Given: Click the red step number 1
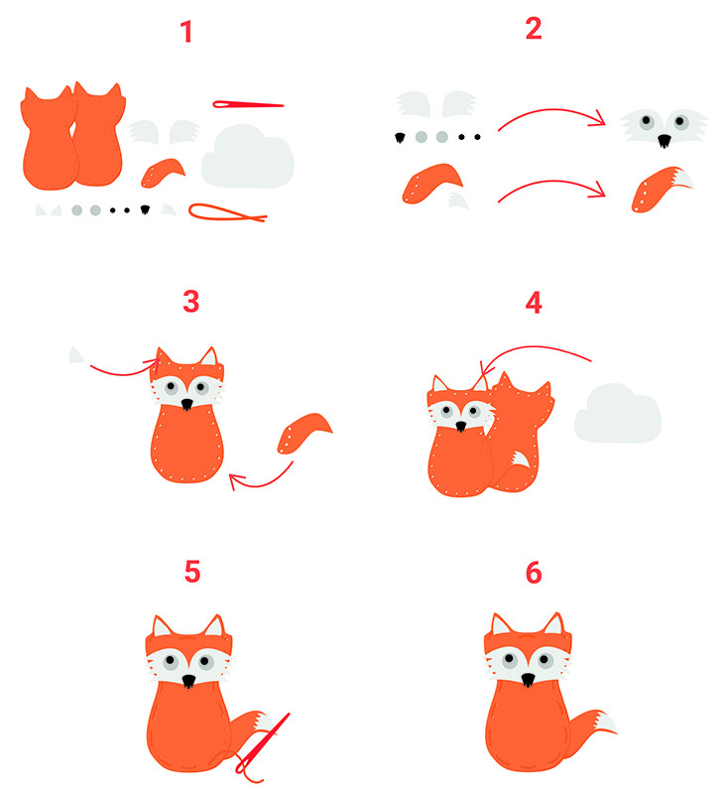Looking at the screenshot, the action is tap(186, 32).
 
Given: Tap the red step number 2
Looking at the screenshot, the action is tap(534, 29).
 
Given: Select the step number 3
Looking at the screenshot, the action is tap(190, 302).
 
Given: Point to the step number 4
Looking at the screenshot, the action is tap(534, 303).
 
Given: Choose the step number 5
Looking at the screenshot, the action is tap(192, 572).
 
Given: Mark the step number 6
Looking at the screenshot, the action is tap(534, 573).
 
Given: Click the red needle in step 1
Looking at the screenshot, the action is tap(248, 105).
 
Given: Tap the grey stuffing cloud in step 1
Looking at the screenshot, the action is tap(247, 157).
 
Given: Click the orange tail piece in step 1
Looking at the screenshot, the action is tap(161, 173).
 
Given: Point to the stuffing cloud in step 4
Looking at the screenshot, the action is tap(618, 413).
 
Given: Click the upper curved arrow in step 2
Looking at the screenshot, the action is tap(552, 110).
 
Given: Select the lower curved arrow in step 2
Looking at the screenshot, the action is tap(552, 182).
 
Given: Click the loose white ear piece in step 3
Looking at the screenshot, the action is tap(76, 355).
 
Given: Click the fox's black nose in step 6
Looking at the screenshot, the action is tap(528, 679).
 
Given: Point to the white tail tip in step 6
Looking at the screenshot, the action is tap(606, 723).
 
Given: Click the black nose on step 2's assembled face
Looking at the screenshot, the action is tap(664, 140).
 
